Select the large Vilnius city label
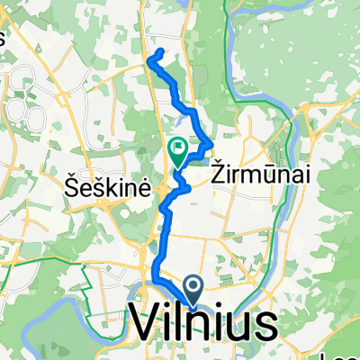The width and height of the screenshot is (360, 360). point(204,322)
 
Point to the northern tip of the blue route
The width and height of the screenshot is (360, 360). point(160,51)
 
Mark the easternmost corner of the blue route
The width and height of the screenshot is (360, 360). point(212,142)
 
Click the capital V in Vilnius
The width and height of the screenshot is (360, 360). point(150,322)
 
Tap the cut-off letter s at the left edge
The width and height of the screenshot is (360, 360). point(3,38)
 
